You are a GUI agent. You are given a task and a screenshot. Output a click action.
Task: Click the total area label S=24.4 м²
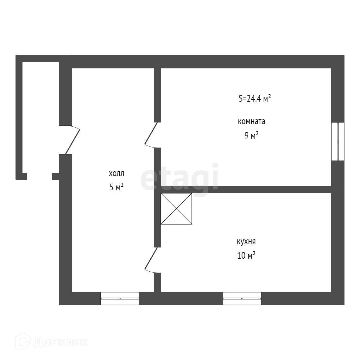click(255, 98)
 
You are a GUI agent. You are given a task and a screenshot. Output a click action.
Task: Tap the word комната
click(251, 122)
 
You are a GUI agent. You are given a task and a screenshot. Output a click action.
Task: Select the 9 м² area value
click(251, 136)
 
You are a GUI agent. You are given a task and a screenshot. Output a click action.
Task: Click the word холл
click(117, 174)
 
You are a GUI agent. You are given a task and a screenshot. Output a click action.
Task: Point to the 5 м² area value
click(116, 187)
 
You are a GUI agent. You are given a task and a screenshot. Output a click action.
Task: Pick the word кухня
click(246, 242)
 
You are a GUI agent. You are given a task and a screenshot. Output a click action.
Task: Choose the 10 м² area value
click(246, 256)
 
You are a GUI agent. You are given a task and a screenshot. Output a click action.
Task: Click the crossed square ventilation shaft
click(176, 209)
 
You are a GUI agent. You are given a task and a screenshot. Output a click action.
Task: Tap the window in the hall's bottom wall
click(120, 298)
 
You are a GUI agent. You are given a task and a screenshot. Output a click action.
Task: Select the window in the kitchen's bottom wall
click(242, 298)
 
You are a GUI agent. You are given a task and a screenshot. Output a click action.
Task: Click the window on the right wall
click(338, 141)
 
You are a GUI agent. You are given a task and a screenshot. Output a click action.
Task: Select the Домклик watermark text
click(60, 342)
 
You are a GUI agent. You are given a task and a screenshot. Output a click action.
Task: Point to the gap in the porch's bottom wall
click(40, 176)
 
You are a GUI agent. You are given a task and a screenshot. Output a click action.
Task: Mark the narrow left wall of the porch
click(19, 117)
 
